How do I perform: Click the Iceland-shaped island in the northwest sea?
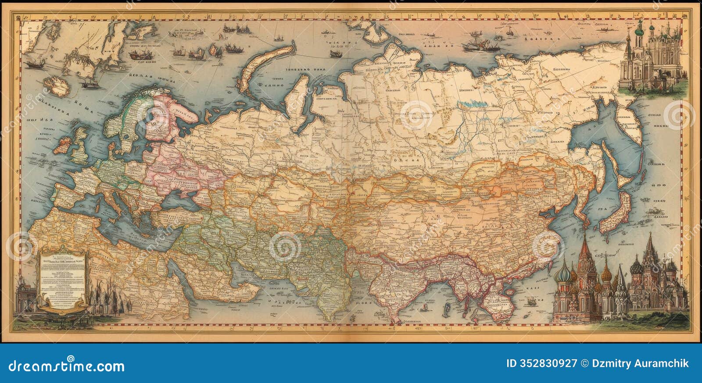(59, 86)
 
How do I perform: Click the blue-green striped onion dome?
(562, 274)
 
